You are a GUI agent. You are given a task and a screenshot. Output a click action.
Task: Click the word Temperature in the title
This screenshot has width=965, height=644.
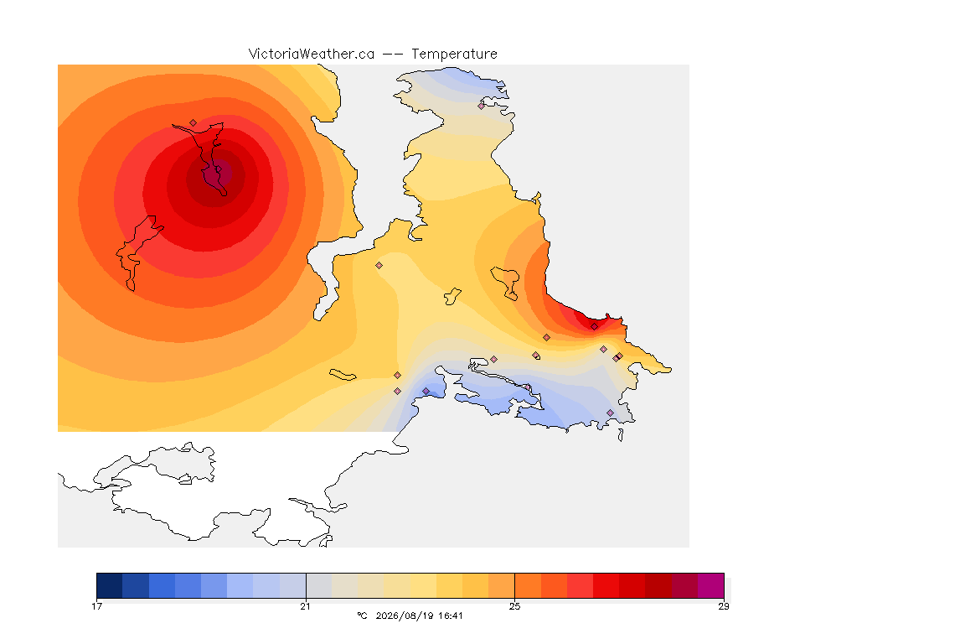tap(454, 55)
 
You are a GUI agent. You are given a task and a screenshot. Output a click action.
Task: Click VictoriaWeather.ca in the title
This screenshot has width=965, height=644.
tap(312, 55)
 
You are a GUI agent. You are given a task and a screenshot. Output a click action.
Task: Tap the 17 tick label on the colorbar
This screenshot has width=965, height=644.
tap(96, 606)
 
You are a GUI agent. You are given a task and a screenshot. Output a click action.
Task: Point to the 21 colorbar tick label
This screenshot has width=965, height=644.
tap(305, 606)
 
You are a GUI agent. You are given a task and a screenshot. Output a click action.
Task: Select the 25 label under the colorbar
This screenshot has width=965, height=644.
tap(514, 606)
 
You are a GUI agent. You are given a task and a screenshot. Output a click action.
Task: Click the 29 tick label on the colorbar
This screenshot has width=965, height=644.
tap(724, 606)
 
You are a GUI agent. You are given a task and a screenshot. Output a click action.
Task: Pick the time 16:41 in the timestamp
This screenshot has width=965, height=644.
tap(452, 615)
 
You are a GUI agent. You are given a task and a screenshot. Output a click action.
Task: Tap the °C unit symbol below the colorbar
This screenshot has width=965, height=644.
tap(362, 615)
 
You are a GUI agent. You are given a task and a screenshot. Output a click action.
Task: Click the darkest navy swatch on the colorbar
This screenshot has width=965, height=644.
tap(110, 585)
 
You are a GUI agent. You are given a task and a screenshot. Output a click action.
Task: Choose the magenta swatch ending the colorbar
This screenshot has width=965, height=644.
tap(711, 585)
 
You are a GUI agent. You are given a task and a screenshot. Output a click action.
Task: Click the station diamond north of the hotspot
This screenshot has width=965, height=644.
tap(194, 123)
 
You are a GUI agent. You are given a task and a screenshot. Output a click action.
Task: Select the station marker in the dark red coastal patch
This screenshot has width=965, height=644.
tap(594, 327)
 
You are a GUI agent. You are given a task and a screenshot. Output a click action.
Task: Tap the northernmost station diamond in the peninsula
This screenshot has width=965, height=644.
tap(482, 106)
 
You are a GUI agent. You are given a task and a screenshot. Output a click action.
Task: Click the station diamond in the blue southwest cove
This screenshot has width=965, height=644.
tap(426, 392)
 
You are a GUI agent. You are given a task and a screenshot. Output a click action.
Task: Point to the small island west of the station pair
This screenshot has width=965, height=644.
tap(343, 375)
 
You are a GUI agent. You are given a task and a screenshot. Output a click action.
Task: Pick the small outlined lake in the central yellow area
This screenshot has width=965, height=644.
tap(452, 296)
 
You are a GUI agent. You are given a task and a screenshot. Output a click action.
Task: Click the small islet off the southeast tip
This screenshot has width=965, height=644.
tap(621, 435)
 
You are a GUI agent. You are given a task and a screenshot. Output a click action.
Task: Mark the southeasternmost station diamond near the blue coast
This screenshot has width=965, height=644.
tap(610, 413)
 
